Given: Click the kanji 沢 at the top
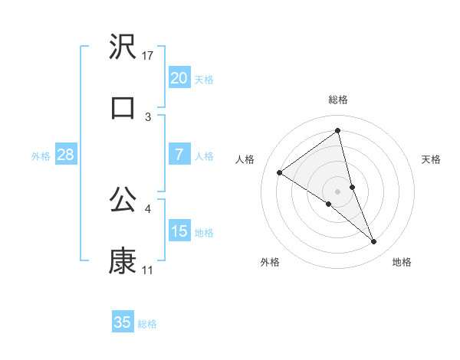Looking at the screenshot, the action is (x=123, y=47).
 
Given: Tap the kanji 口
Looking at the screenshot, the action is (x=123, y=107).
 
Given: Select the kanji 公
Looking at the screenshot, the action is (x=123, y=199).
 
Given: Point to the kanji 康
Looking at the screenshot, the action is (x=123, y=261).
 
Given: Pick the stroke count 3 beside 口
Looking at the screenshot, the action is (x=148, y=116).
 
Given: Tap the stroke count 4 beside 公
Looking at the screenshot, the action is (x=148, y=208).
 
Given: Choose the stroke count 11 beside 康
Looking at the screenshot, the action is (x=148, y=270).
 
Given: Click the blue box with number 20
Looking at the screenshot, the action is (x=179, y=77).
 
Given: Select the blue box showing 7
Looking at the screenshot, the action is (x=179, y=155).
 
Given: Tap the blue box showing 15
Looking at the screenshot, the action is (x=179, y=231).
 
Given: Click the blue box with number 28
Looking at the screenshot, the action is (x=66, y=155).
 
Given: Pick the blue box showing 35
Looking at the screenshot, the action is (x=123, y=322).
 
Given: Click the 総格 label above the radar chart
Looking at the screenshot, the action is (x=338, y=100).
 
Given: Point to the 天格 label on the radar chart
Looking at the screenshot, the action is (x=432, y=159).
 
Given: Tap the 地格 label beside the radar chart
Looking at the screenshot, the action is (x=402, y=262).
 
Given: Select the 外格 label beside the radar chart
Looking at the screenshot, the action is (x=270, y=262).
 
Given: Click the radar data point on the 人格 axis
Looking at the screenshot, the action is (x=280, y=172).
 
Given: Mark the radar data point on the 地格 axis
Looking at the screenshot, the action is (x=374, y=241).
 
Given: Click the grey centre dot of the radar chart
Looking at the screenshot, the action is (x=338, y=190).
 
